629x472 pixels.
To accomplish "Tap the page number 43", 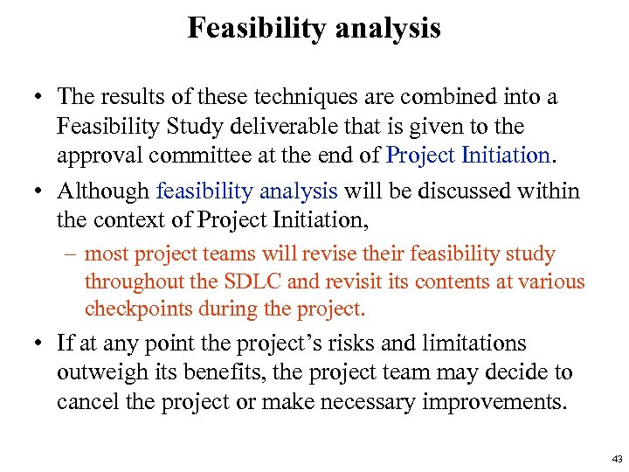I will pos(618,459).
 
